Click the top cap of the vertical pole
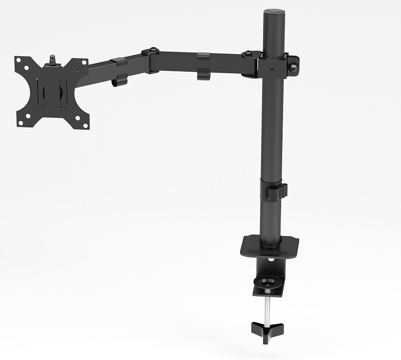tap(273, 13)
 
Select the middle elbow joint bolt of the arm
tap(153, 50)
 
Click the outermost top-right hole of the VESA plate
tap(84, 62)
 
